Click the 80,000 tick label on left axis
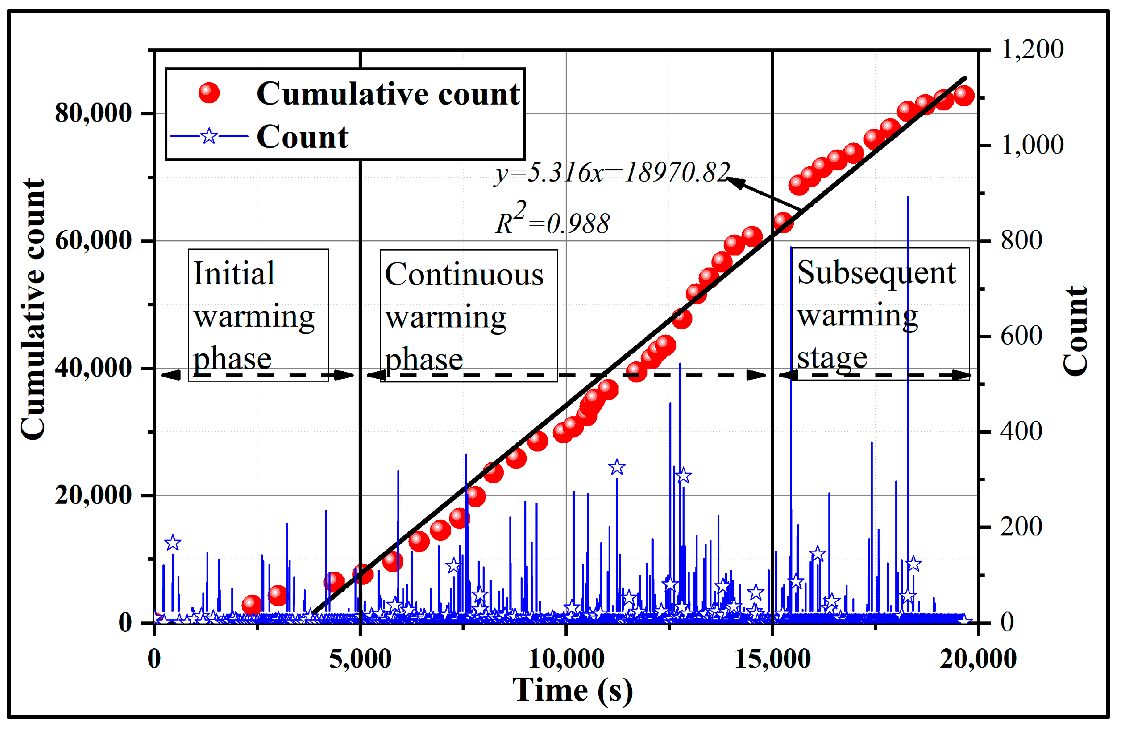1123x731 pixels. tap(93, 113)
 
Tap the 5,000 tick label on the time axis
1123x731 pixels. tap(360, 659)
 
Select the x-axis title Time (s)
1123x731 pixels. tap(572, 691)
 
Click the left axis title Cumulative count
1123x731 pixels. tap(33, 309)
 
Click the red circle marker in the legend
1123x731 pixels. tap(209, 93)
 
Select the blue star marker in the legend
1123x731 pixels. tap(209, 136)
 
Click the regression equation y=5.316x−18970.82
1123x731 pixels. tap(612, 172)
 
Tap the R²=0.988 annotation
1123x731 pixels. tap(552, 221)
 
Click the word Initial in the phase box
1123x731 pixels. tap(233, 273)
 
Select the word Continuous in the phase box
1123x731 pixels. tap(464, 275)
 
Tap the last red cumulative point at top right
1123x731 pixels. tap(964, 96)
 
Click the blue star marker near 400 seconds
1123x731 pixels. tap(173, 543)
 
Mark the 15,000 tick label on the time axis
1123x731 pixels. tap(772, 659)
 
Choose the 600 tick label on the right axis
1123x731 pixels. tap(1021, 336)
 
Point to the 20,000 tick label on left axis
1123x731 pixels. tap(93, 495)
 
